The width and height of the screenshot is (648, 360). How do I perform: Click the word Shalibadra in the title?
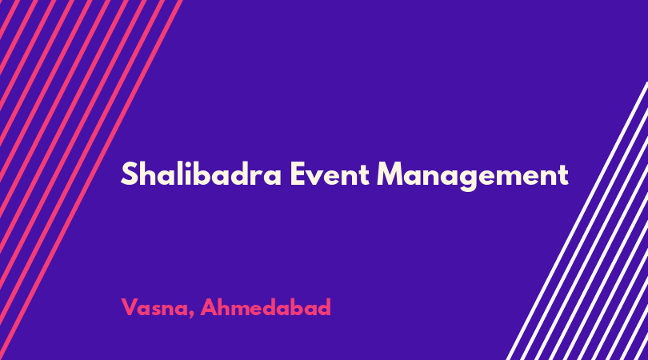point(202,174)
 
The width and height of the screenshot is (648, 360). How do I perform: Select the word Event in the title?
point(330,174)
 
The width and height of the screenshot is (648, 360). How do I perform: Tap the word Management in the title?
point(473,176)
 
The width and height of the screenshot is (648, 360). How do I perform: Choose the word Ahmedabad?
point(266,307)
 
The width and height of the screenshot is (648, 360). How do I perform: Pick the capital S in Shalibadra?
point(129,174)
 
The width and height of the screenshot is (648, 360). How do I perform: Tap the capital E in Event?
point(297,174)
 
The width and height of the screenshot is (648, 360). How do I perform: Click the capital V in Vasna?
point(130,307)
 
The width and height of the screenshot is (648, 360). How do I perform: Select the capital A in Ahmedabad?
point(210,307)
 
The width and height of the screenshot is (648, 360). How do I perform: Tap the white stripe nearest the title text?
point(577,221)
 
